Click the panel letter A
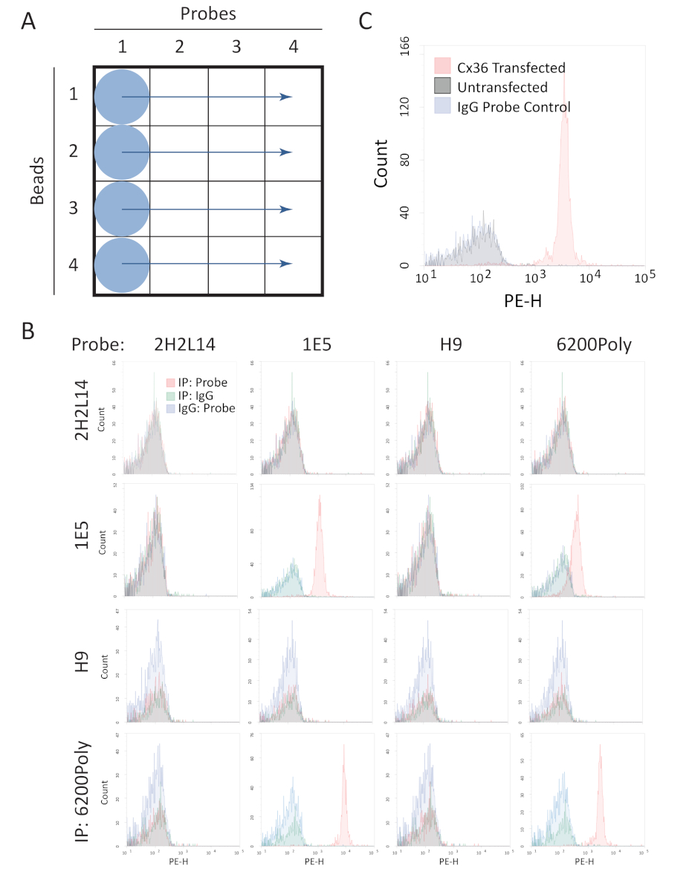pos(28,22)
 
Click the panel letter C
pos(366,21)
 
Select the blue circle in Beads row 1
pos(122,97)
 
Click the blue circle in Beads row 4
pos(122,264)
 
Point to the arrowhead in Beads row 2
pos(286,152)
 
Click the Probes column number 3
pos(236,47)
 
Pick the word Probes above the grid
pos(207,14)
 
